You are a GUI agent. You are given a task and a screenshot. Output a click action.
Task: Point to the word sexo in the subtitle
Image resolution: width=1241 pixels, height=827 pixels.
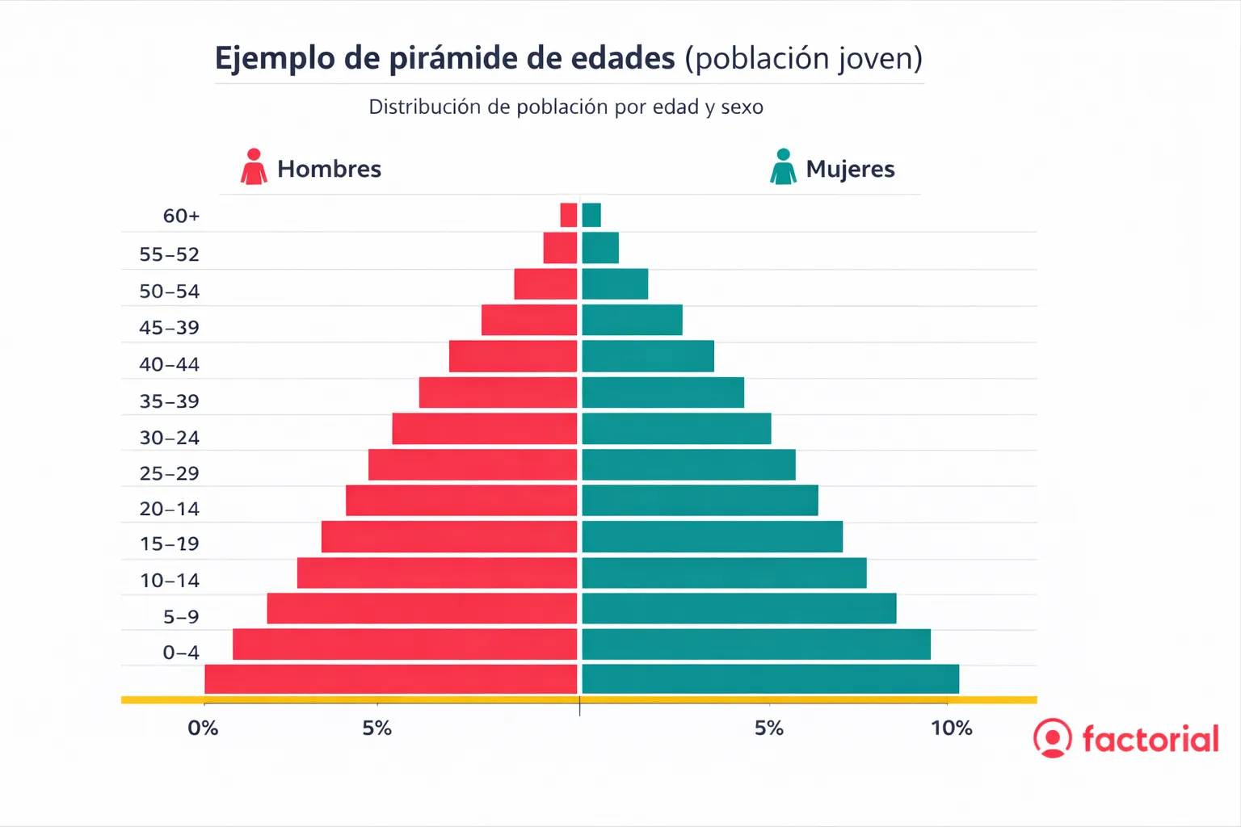pos(742,107)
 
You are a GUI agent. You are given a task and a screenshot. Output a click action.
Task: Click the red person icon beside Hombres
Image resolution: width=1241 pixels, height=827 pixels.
pos(254,167)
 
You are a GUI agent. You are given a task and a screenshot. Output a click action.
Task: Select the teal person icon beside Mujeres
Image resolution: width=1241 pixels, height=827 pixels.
pos(783,167)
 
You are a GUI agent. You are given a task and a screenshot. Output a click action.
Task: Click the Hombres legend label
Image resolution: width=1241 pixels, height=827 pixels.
pos(329,169)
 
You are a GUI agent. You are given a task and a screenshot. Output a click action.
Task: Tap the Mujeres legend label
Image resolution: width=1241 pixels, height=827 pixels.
pos(850,169)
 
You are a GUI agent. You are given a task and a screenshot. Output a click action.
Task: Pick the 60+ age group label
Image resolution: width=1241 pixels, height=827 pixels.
pos(181,216)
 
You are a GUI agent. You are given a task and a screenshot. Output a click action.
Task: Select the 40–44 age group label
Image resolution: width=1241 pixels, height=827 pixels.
pos(169,364)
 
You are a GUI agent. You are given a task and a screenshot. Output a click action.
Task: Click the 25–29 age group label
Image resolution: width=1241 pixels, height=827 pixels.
pos(169,473)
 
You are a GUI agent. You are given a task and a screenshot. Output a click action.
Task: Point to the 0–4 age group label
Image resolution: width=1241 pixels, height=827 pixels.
pos(181,653)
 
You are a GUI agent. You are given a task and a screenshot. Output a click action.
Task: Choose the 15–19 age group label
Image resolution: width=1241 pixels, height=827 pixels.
pos(169,544)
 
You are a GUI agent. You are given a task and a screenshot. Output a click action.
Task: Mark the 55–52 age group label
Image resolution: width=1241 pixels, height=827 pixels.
pos(169,254)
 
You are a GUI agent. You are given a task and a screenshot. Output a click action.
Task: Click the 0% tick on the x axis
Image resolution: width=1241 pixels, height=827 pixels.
pos(203,728)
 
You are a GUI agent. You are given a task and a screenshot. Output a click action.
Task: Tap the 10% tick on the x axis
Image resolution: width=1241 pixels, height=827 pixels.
pos(951,728)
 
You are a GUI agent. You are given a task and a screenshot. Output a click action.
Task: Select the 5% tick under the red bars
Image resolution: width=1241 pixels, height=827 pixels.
pos(377,728)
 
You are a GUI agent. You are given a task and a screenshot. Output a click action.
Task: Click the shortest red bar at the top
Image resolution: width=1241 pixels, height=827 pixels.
pos(569,215)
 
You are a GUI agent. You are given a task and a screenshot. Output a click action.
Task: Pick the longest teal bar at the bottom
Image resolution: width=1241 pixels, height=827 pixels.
pos(770,679)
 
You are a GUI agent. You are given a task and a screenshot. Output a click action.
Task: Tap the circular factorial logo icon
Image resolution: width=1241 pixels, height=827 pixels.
pos(1053,738)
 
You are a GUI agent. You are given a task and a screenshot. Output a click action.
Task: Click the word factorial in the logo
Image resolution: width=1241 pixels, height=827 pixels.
pos(1150,739)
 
